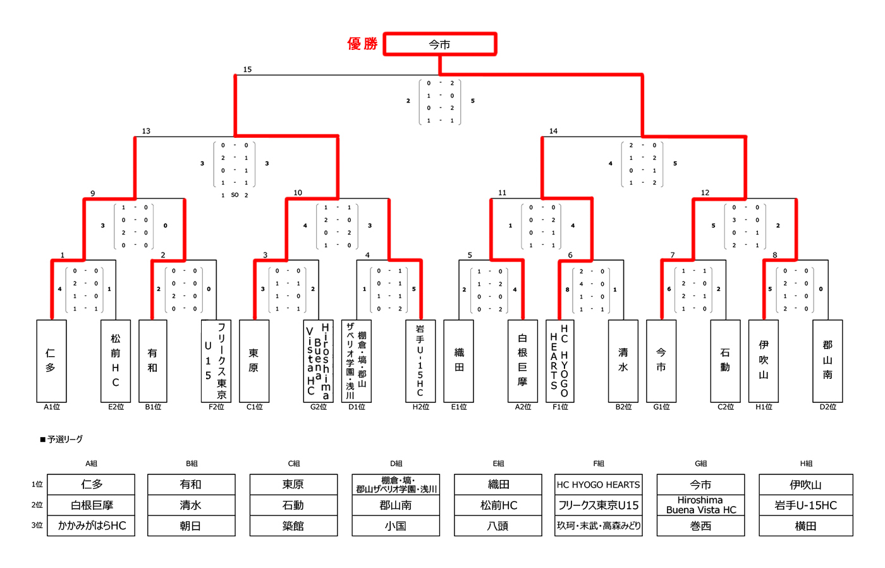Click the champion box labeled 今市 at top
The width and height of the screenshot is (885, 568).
(x=439, y=44)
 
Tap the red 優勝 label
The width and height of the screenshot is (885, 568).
(x=362, y=44)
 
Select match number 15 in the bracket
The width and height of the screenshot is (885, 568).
(x=247, y=70)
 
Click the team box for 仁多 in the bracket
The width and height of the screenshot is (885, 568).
(x=51, y=361)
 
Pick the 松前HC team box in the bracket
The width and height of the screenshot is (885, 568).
(x=116, y=361)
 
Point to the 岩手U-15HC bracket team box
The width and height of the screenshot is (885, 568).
(x=420, y=361)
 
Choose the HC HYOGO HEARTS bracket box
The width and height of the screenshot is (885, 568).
(x=559, y=361)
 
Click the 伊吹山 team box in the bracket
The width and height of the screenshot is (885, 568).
(x=764, y=361)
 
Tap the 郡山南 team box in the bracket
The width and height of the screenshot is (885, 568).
(x=827, y=361)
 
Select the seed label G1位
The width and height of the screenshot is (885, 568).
(x=661, y=407)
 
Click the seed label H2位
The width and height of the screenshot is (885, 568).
(x=421, y=407)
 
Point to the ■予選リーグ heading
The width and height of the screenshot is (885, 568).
(x=61, y=439)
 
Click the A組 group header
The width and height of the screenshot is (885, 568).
(x=91, y=464)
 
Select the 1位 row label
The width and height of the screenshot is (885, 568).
(x=37, y=485)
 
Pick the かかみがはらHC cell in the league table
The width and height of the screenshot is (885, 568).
(x=92, y=526)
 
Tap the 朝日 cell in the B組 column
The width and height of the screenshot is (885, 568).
(x=191, y=526)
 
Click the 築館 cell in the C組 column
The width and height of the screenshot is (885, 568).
(x=293, y=526)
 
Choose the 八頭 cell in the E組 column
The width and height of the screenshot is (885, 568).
(x=498, y=526)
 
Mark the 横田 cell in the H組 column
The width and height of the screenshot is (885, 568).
(x=805, y=526)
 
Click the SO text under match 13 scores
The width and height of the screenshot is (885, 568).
(x=235, y=195)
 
